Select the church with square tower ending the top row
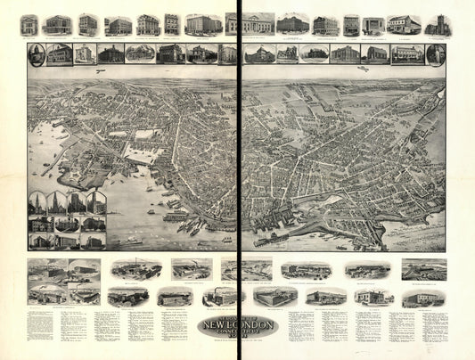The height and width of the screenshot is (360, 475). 436,25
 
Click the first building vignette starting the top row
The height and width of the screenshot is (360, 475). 29,25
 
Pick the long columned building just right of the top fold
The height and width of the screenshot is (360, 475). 258,24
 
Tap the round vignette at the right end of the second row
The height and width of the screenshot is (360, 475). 435,54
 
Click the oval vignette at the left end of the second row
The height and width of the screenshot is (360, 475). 37,55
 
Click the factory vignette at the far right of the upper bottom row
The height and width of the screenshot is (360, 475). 423,270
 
